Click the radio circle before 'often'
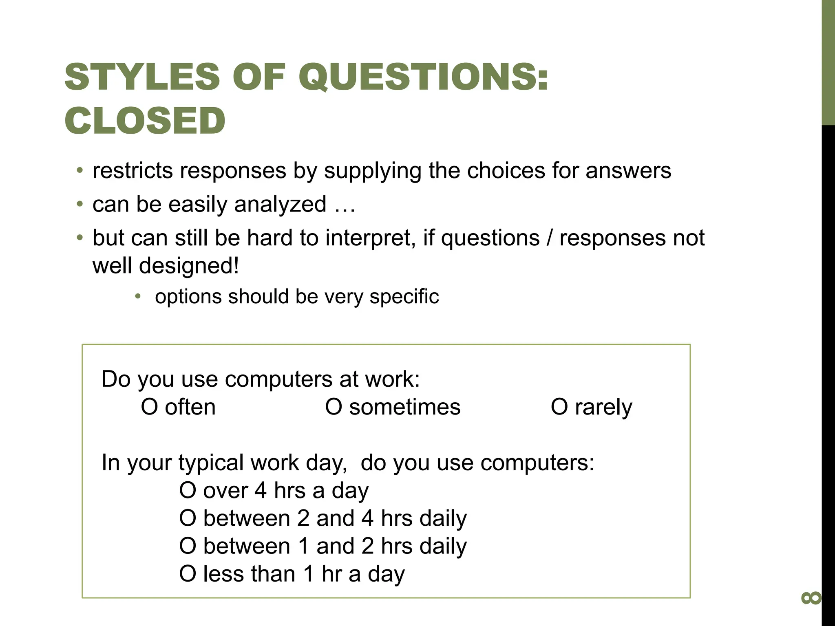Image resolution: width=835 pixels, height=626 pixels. [149, 407]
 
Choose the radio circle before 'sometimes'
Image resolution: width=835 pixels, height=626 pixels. [334, 407]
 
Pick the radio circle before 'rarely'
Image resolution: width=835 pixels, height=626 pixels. [559, 407]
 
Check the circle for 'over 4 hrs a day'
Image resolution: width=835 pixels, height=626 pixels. [188, 490]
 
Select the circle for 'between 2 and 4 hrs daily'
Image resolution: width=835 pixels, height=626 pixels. [188, 518]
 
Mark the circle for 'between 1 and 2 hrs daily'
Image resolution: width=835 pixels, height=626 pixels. [188, 546]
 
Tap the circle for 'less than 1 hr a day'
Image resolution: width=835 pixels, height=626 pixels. [188, 574]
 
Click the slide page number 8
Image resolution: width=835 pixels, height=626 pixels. [811, 598]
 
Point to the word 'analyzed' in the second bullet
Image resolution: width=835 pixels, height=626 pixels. [280, 204]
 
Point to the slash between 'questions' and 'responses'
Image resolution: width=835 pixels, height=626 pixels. [550, 238]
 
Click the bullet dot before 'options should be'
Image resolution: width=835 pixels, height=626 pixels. [138, 296]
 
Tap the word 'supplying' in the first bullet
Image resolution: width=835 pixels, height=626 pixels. [372, 171]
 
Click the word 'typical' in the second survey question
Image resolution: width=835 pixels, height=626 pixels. [211, 463]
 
